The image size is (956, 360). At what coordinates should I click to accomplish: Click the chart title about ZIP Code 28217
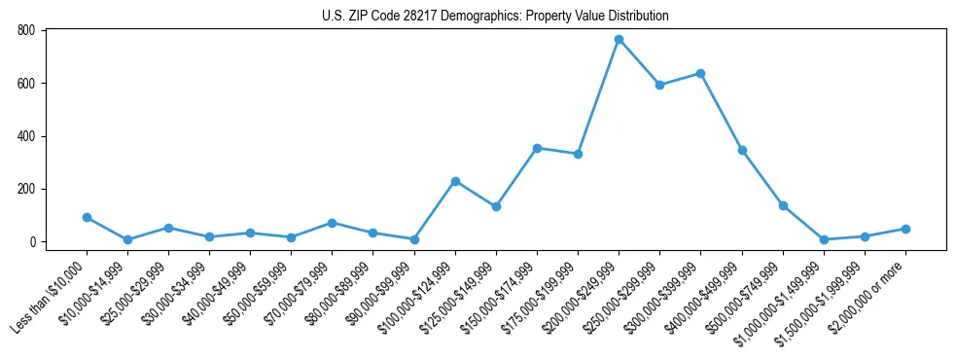pyautogui.click(x=495, y=17)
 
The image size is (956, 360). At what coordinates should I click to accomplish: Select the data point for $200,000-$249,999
pyautogui.click(x=619, y=39)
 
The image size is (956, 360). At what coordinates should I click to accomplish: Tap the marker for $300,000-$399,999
pyautogui.click(x=700, y=73)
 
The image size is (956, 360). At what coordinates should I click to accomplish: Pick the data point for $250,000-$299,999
pyautogui.click(x=659, y=85)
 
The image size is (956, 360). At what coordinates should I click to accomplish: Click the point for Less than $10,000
pyautogui.click(x=87, y=217)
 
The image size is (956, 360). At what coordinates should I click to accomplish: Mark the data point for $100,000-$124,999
pyautogui.click(x=455, y=181)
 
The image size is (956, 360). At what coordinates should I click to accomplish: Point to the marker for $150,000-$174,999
pyautogui.click(x=537, y=148)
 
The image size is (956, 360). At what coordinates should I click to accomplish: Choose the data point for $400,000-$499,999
pyautogui.click(x=742, y=150)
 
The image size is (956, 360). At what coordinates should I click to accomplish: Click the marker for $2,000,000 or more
pyautogui.click(x=905, y=229)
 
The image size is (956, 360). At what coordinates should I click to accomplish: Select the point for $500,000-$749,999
pyautogui.click(x=783, y=205)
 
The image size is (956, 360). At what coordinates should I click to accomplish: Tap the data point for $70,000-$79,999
pyautogui.click(x=333, y=223)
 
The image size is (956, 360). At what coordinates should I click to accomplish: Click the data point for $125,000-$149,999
pyautogui.click(x=496, y=206)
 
